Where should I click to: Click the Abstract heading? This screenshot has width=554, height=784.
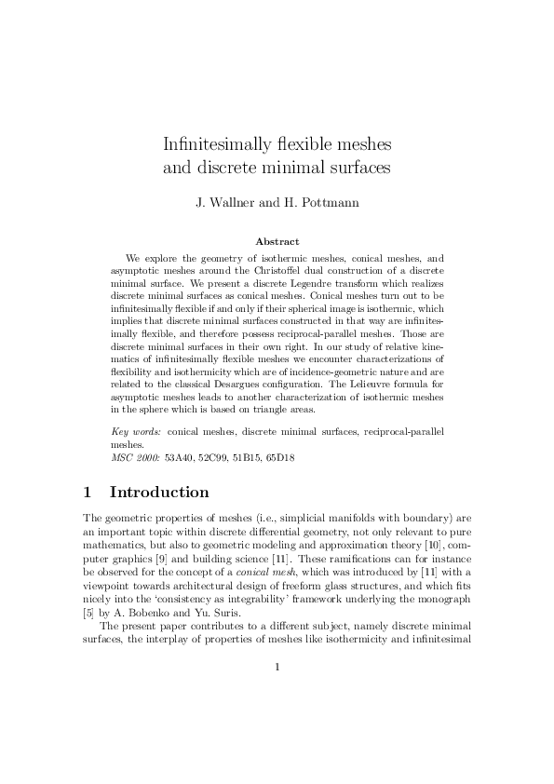277,240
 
